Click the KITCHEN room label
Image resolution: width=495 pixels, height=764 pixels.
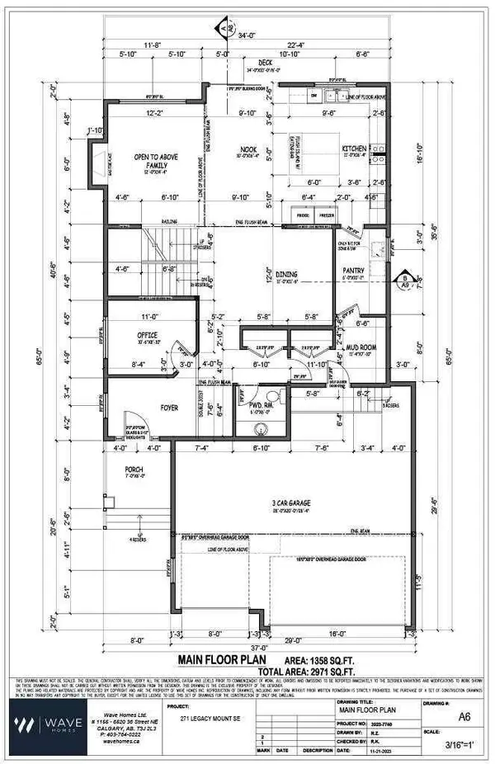[354, 149]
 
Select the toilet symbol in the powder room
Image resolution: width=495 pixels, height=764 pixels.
[262, 427]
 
